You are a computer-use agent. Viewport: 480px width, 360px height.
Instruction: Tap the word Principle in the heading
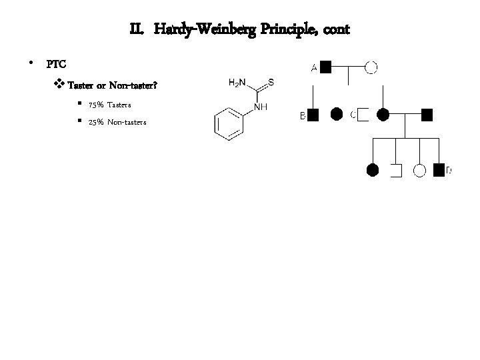tap(281, 30)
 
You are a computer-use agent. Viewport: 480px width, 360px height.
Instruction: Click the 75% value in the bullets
tap(95, 106)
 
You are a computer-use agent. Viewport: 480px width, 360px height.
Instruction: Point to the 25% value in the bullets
tap(95, 122)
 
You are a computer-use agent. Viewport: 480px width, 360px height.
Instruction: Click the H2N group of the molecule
tap(237, 83)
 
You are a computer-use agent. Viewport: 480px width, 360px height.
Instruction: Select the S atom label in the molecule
tap(271, 82)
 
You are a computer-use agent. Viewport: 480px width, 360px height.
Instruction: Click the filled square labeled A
tap(326, 66)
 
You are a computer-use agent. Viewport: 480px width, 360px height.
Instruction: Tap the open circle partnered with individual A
tap(371, 66)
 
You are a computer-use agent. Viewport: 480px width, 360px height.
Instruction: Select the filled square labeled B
tap(313, 115)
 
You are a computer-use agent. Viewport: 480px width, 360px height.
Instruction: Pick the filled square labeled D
tap(439, 170)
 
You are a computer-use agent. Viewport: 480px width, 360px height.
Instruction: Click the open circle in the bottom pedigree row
tap(419, 170)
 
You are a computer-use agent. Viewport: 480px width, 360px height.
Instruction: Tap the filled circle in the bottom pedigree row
tap(373, 170)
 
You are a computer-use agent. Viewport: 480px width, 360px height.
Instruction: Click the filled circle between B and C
tap(338, 115)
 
